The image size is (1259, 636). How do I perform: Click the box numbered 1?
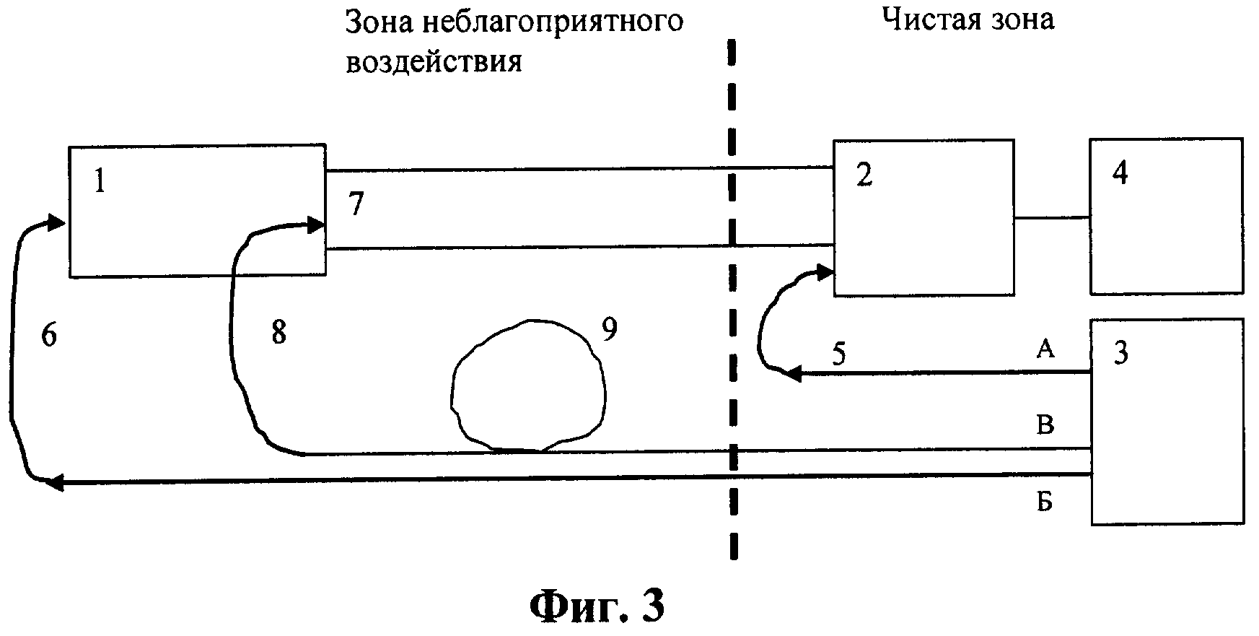coord(196,211)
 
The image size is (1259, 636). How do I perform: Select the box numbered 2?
coord(924,217)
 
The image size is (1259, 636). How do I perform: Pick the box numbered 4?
coord(1166,216)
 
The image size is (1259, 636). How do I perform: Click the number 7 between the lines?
coord(356,206)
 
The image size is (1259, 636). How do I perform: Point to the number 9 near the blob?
coord(610,330)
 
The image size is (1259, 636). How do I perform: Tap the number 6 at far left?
coord(49,336)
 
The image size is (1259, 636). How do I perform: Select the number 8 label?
coord(278,334)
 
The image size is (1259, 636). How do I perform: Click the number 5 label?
coord(838,355)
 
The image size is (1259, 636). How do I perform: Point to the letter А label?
coord(1045,350)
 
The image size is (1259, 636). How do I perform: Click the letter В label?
coord(1045,424)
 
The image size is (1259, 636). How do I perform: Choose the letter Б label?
coord(1045,501)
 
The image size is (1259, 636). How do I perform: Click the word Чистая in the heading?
coord(927,19)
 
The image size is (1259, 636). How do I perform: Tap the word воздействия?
coord(434,61)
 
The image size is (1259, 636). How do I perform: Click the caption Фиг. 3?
coord(597,606)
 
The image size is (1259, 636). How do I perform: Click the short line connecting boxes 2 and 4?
coord(1052,217)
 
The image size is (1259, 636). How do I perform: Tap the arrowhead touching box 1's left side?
coord(56,222)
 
